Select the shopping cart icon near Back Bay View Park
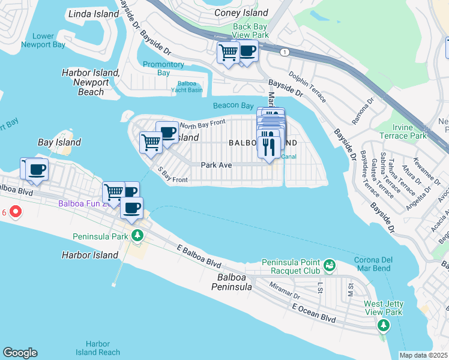click(x=228, y=53)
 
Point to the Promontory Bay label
click(x=163, y=68)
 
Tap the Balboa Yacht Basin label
click(x=190, y=88)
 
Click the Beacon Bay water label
click(x=234, y=106)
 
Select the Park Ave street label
click(x=216, y=164)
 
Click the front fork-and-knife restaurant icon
click(x=268, y=145)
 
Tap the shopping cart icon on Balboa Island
click(x=150, y=142)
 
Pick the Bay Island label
click(x=59, y=142)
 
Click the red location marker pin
click(x=16, y=212)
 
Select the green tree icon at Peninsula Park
click(x=138, y=235)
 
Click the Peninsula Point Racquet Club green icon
click(x=329, y=265)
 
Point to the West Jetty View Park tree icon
click(x=384, y=325)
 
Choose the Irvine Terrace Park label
click(x=411, y=131)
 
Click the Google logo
click(x=20, y=353)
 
